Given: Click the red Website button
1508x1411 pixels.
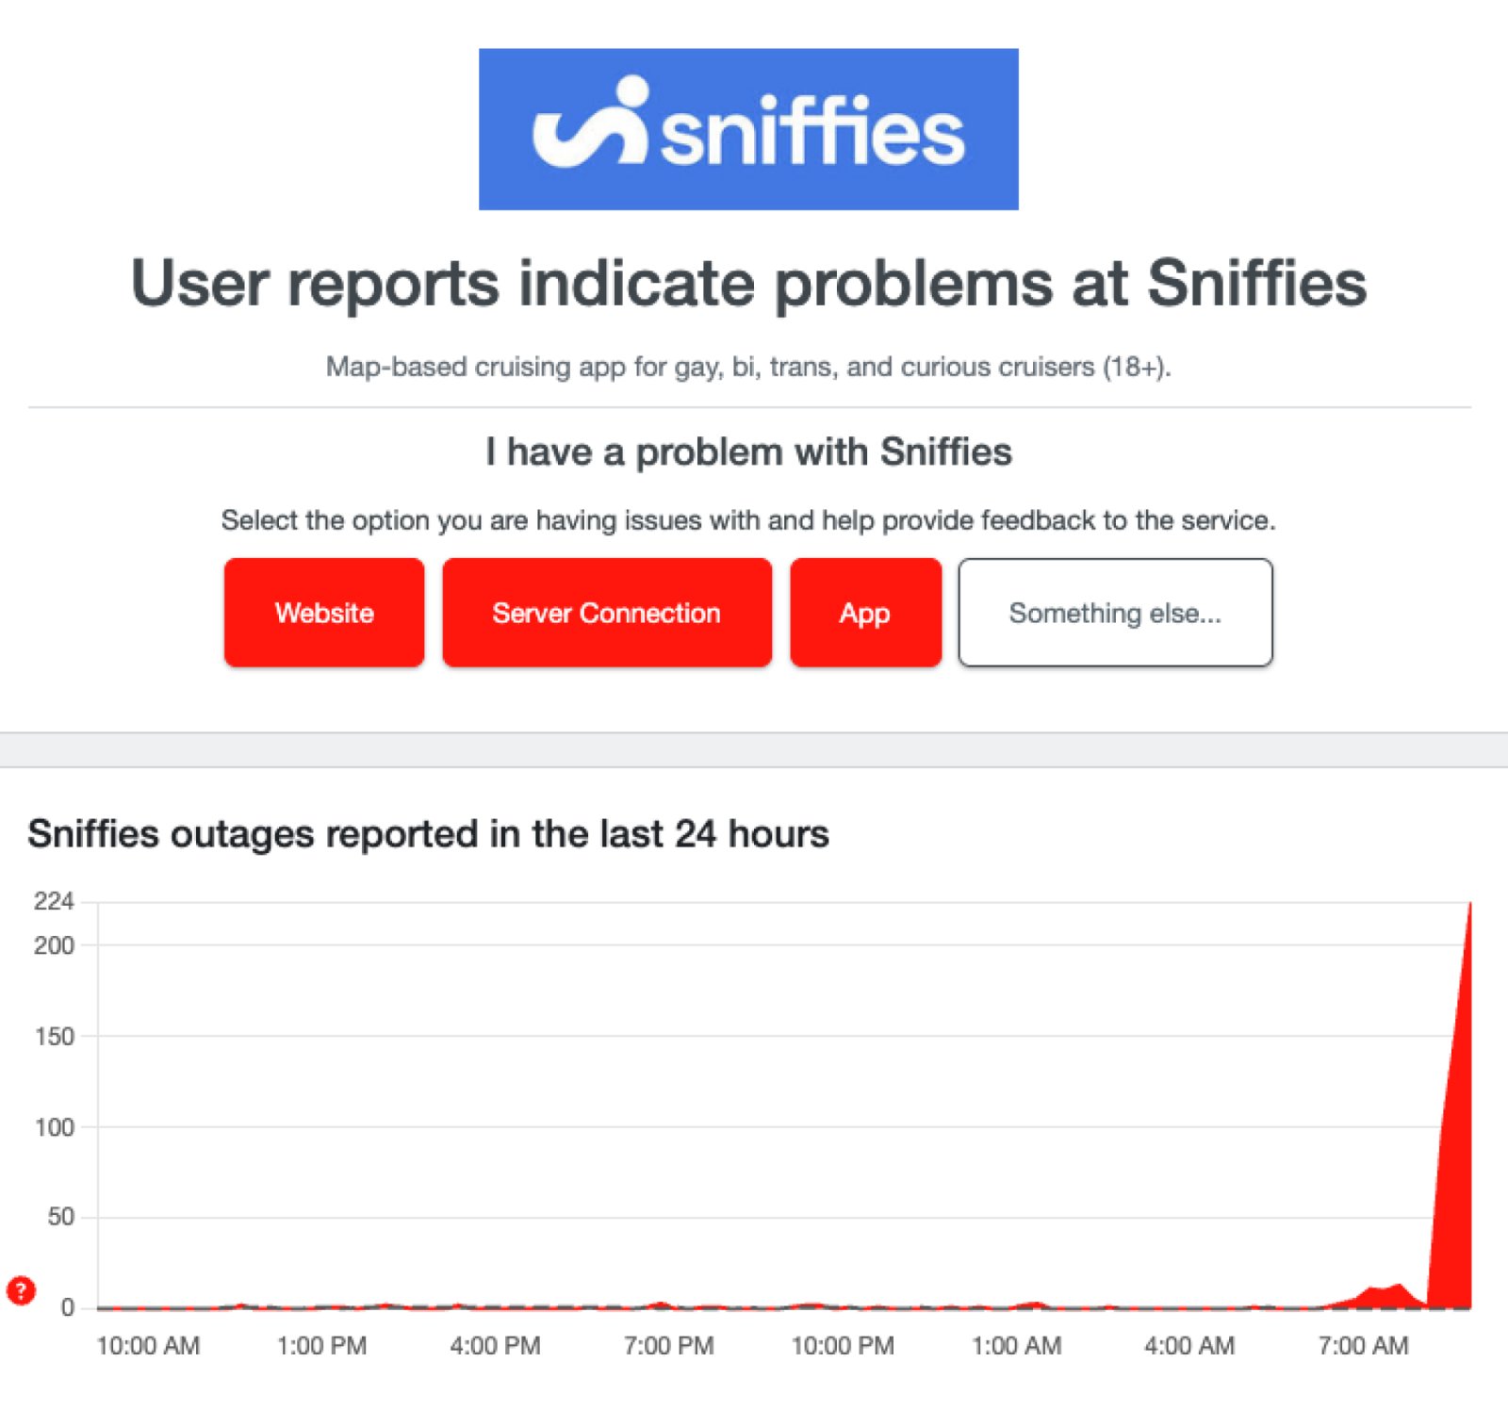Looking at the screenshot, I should click(324, 613).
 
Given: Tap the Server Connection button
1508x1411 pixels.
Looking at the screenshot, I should click(606, 613).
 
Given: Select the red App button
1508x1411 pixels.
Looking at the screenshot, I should click(865, 613).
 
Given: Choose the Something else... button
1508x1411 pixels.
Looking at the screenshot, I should click(1115, 613).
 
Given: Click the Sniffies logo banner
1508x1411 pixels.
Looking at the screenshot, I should click(748, 129).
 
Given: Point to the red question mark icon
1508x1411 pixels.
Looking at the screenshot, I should click(21, 1290).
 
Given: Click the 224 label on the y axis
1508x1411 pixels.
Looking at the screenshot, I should click(54, 902).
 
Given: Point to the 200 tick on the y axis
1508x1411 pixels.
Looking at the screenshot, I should click(54, 945).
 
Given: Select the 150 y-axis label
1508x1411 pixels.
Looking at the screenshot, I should click(54, 1037).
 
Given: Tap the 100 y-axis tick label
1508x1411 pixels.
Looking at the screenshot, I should click(54, 1127).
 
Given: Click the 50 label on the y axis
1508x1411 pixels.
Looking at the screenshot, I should click(60, 1217).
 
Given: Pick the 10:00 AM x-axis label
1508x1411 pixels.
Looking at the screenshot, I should click(148, 1346).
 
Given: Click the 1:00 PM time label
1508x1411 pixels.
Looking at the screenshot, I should click(321, 1346).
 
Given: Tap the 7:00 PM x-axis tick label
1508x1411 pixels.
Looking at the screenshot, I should click(668, 1346).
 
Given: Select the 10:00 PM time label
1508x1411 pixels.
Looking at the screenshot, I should click(843, 1346).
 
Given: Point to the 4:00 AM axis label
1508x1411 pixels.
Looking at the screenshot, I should click(1189, 1346).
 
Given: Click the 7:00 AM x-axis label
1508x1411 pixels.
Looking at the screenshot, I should click(1363, 1346).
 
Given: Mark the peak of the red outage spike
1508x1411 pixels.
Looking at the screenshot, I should click(1469, 905).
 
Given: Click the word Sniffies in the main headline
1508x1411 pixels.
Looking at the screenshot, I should click(1256, 283).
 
